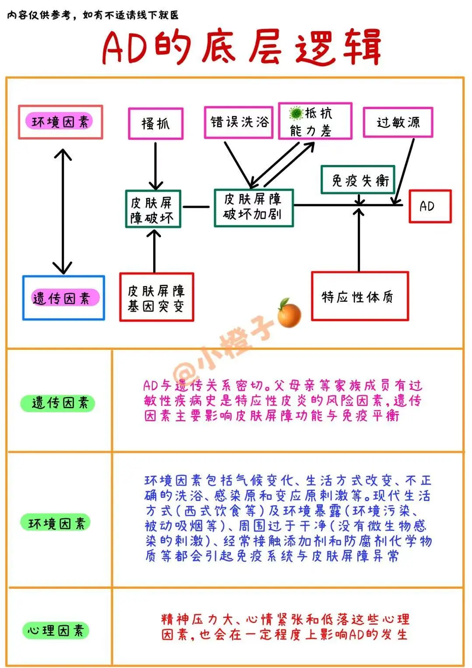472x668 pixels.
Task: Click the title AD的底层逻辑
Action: point(241,47)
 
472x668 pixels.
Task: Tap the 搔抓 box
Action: point(155,123)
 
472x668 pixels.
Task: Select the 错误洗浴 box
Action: point(238,122)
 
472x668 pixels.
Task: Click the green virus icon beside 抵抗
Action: point(296,113)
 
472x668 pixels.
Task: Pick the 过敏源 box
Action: point(398,122)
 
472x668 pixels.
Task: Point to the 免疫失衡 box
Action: point(358,179)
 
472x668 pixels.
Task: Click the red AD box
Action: point(430,206)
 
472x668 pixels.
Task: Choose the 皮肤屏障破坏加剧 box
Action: point(253,207)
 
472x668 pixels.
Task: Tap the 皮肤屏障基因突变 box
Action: point(156,297)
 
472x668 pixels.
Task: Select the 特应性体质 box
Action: point(359,296)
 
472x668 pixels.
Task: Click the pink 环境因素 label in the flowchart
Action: point(60,122)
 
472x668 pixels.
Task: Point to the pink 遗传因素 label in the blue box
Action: point(64,298)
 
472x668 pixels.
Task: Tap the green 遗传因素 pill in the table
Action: point(58,402)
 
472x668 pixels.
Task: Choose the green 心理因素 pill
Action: point(56,630)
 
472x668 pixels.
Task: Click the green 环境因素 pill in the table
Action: point(56,523)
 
